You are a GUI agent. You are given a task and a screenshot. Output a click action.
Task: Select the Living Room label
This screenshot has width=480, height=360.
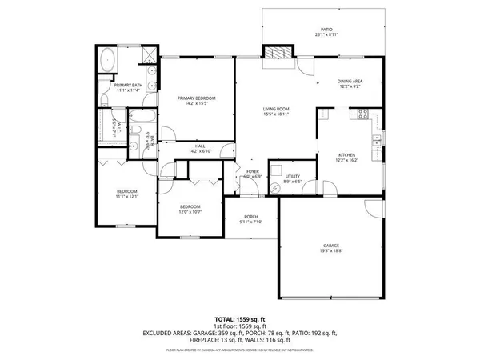[276, 111]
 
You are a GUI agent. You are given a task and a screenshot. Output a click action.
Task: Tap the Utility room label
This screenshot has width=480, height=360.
[293, 178]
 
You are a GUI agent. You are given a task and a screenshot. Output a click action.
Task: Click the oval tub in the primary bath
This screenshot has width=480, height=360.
[107, 59]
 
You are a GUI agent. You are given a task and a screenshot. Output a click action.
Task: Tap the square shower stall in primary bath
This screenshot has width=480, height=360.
[146, 55]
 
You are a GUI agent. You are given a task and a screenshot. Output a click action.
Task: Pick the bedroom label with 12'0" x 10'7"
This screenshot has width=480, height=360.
[189, 209]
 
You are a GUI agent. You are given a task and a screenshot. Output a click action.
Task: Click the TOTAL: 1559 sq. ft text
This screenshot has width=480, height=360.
[239, 319]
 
